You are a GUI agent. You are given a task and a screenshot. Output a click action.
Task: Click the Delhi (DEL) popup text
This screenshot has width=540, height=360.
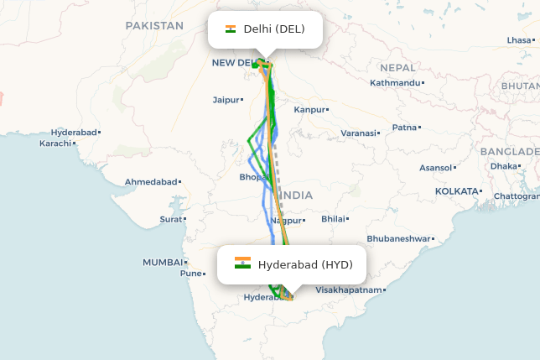(x=273, y=29)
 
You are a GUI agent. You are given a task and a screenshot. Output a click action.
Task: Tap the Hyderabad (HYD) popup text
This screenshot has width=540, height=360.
(x=305, y=265)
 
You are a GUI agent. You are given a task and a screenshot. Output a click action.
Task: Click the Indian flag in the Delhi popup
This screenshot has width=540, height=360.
(x=231, y=29)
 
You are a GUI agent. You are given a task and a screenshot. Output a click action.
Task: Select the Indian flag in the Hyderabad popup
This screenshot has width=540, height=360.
(x=242, y=263)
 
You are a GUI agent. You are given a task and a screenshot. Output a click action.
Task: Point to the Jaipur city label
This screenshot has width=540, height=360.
(x=226, y=100)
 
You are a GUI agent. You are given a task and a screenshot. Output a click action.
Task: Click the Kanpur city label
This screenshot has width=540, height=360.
(x=309, y=110)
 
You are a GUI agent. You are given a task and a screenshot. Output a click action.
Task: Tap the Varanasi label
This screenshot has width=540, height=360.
(x=358, y=133)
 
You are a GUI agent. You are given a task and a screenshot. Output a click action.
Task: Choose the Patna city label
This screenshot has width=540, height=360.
(x=404, y=128)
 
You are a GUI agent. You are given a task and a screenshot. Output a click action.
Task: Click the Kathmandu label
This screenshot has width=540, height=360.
(x=394, y=83)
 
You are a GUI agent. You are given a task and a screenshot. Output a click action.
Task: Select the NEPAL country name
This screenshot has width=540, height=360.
(x=397, y=67)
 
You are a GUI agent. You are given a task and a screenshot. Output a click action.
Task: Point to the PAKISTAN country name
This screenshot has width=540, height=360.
(x=154, y=26)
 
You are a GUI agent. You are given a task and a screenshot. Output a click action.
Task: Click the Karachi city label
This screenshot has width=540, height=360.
(x=55, y=143)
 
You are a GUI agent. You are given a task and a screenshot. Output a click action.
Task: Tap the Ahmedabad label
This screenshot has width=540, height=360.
(x=151, y=182)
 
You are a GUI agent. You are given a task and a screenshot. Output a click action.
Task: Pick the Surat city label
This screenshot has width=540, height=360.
(x=170, y=220)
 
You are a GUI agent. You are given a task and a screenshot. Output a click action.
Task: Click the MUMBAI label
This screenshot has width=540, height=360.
(x=162, y=263)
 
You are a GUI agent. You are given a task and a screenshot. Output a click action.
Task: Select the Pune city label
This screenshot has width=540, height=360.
(x=190, y=274)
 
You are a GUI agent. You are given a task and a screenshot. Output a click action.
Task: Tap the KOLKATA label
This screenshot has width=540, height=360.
(x=455, y=191)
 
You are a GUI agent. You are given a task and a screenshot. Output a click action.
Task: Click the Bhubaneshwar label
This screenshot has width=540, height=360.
(x=397, y=238)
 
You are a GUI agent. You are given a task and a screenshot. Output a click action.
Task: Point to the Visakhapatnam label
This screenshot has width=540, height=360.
(x=348, y=290)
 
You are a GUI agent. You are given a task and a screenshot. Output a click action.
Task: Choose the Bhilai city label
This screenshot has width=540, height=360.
(x=334, y=219)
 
